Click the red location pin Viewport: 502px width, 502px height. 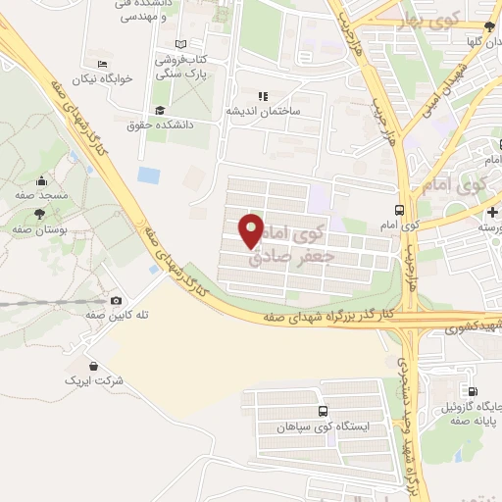click(x=251, y=229)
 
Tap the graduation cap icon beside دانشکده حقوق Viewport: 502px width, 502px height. click(x=161, y=110)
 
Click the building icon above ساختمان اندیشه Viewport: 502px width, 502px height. click(x=262, y=96)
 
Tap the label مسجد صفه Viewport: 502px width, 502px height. click(x=40, y=195)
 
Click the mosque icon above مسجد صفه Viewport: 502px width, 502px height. click(x=40, y=181)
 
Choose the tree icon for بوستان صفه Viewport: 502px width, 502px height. click(x=38, y=214)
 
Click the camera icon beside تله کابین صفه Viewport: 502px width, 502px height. click(x=117, y=300)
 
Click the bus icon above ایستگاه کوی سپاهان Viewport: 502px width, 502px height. click(x=323, y=412)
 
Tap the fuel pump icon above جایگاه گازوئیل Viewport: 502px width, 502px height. click(x=475, y=391)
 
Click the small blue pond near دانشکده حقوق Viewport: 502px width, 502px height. click(x=149, y=176)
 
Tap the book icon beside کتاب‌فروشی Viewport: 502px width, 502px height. click(x=178, y=44)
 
